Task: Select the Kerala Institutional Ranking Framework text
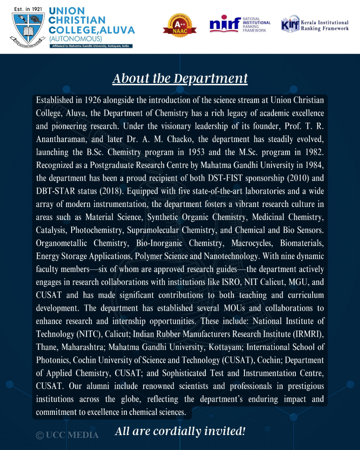pos(324,25)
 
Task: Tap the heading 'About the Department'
pos(180,79)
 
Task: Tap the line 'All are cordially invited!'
pos(180,431)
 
